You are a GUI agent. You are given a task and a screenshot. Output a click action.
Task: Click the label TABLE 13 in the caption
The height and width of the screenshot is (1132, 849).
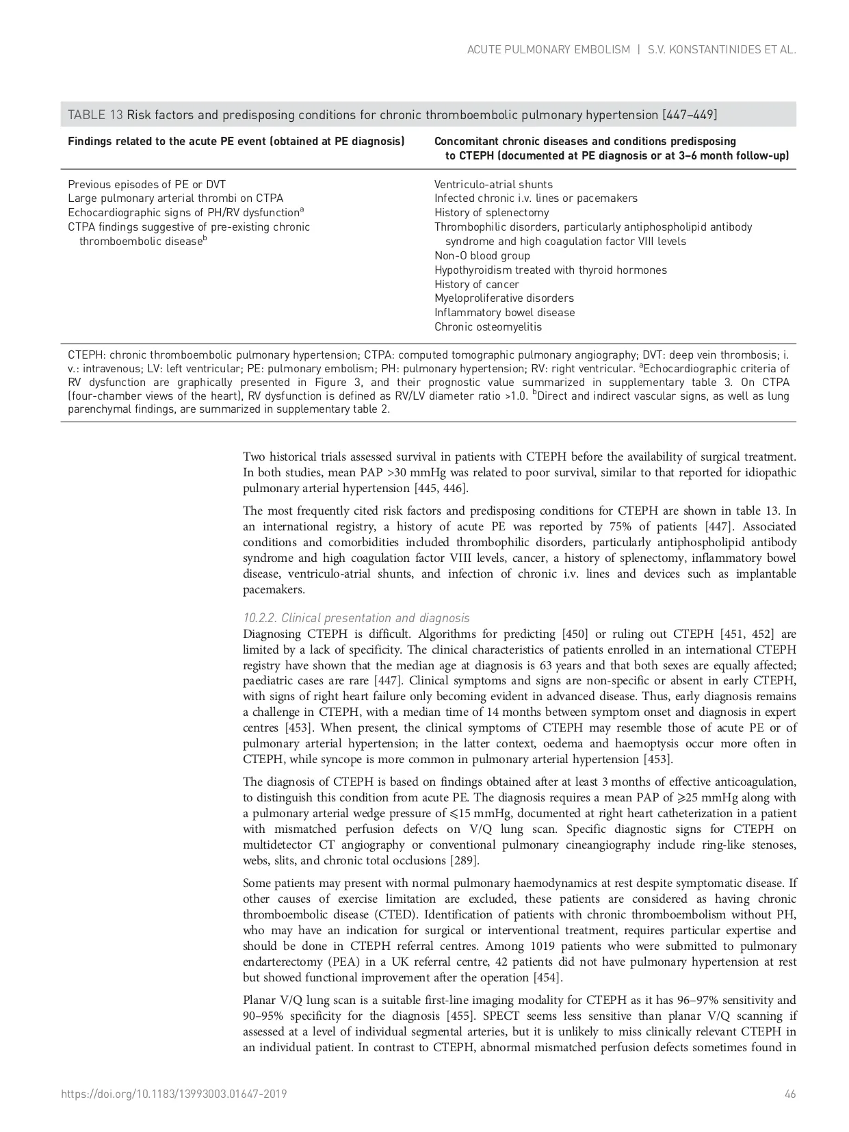click(95, 115)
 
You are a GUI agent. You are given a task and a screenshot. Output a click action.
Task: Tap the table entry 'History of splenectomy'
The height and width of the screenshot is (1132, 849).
click(491, 213)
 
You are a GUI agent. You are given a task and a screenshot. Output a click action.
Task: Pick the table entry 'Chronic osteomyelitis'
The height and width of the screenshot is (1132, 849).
click(488, 327)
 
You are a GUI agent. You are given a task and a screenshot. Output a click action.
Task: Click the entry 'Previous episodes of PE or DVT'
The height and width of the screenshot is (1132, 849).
click(146, 185)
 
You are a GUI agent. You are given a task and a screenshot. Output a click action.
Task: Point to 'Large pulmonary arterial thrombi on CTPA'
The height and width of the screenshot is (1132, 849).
click(175, 198)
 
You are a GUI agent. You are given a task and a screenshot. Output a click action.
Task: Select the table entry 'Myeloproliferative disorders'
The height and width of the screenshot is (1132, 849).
click(504, 298)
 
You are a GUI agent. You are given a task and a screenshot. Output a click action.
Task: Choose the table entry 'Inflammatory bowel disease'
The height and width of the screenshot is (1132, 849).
click(504, 313)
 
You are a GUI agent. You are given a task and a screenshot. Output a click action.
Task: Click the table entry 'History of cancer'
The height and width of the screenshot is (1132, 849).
click(476, 285)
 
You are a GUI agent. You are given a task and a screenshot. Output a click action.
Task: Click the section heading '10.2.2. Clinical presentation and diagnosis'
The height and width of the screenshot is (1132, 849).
click(356, 618)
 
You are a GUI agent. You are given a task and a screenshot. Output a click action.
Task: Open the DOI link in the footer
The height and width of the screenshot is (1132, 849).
click(174, 1094)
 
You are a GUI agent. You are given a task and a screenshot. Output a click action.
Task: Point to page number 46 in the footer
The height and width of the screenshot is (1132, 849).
click(790, 1094)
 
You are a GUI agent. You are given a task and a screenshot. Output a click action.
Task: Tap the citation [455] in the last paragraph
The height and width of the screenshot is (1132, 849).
click(462, 1016)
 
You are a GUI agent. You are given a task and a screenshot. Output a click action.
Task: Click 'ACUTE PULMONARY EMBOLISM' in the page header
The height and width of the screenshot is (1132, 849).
click(548, 50)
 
